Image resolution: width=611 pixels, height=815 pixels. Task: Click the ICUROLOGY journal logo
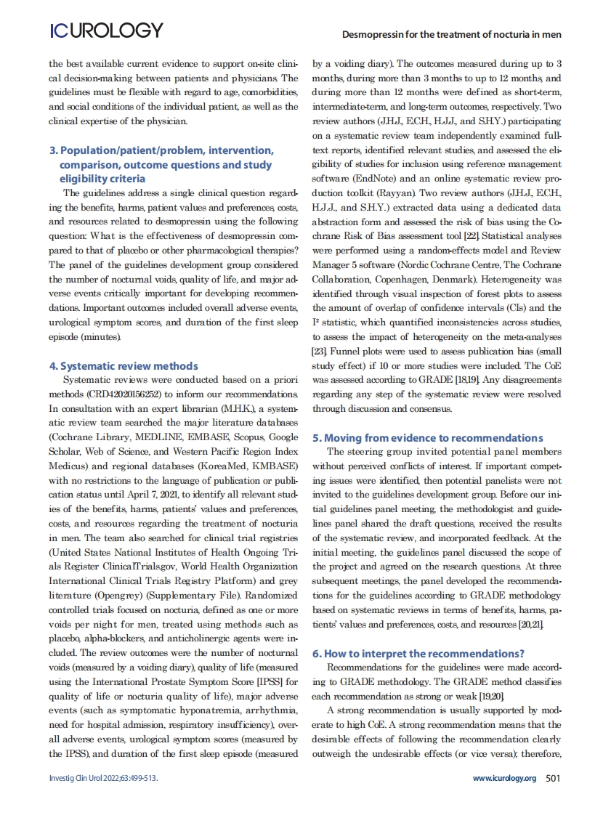(106, 31)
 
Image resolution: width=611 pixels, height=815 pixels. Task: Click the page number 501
(553, 778)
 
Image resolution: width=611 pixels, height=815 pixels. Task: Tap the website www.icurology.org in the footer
(503, 778)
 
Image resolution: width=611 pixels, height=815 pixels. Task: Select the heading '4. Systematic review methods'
(123, 366)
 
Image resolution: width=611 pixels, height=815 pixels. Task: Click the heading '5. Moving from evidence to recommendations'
(427, 438)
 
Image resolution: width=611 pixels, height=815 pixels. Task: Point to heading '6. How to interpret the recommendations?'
(418, 654)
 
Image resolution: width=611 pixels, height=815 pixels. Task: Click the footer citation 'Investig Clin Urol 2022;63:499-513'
(102, 778)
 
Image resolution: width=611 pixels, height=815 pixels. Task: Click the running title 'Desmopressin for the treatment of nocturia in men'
(451, 34)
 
